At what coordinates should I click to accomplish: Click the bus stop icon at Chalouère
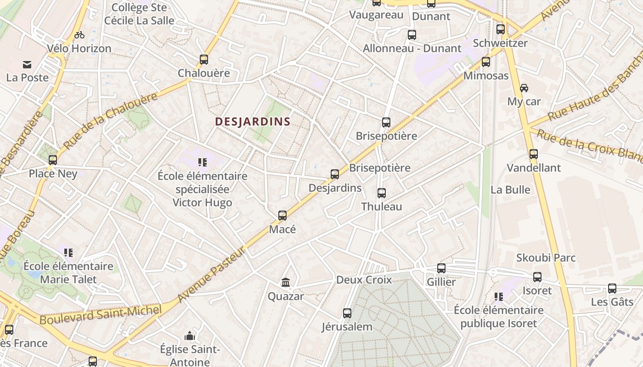(x=204, y=60)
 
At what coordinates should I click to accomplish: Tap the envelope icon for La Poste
(x=27, y=65)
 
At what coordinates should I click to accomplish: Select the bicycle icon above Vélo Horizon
(x=79, y=35)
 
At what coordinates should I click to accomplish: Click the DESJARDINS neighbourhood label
(x=253, y=122)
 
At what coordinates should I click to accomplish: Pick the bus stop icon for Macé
(x=282, y=215)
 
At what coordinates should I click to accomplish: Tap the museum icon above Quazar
(x=286, y=282)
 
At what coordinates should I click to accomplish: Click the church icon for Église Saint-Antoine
(x=189, y=336)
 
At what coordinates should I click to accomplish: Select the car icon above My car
(x=524, y=88)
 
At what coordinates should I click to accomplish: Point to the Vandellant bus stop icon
(x=533, y=154)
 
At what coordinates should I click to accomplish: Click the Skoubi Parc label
(x=546, y=258)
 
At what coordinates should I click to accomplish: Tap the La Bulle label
(x=510, y=190)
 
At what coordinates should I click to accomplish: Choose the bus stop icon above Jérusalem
(x=347, y=313)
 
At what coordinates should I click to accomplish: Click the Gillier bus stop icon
(x=441, y=268)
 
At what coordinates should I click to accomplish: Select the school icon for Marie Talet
(x=68, y=252)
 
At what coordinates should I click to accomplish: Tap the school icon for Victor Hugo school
(x=203, y=162)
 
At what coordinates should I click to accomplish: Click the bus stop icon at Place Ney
(x=53, y=160)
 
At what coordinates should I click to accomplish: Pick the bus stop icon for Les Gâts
(x=612, y=289)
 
